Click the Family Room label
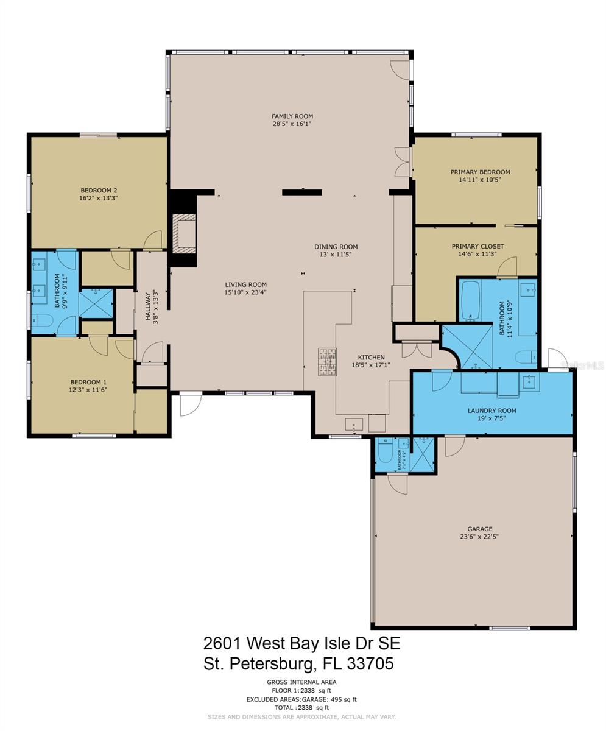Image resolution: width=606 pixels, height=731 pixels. [292, 116]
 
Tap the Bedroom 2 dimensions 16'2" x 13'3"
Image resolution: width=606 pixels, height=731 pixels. [99, 198]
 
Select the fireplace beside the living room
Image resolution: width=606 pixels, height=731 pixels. [184, 234]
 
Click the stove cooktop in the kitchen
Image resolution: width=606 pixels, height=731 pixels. [327, 362]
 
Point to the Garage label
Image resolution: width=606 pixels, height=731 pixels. [479, 529]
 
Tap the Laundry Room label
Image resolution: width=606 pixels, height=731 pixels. [492, 411]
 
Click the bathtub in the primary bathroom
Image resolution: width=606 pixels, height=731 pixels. [470, 300]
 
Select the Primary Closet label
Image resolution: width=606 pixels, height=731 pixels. [478, 246]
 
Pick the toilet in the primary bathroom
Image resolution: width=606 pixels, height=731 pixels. [526, 357]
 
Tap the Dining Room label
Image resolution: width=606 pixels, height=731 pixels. [336, 247]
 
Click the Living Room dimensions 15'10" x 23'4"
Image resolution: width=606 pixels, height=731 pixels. [245, 292]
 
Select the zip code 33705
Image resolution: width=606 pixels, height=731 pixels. [370, 663]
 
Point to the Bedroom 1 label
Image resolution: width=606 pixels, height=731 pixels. [88, 383]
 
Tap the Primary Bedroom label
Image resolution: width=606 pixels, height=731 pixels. [480, 172]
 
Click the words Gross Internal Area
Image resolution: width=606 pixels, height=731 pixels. [301, 682]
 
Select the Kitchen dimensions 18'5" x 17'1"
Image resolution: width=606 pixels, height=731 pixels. [371, 365]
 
